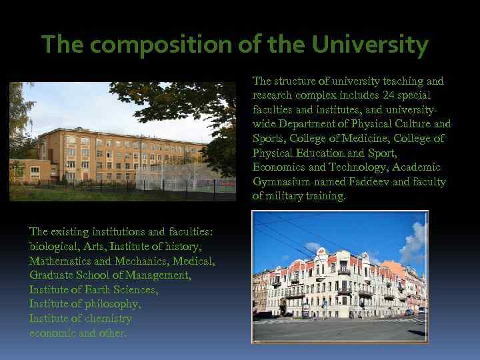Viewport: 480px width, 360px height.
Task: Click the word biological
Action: [x=53, y=246]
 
